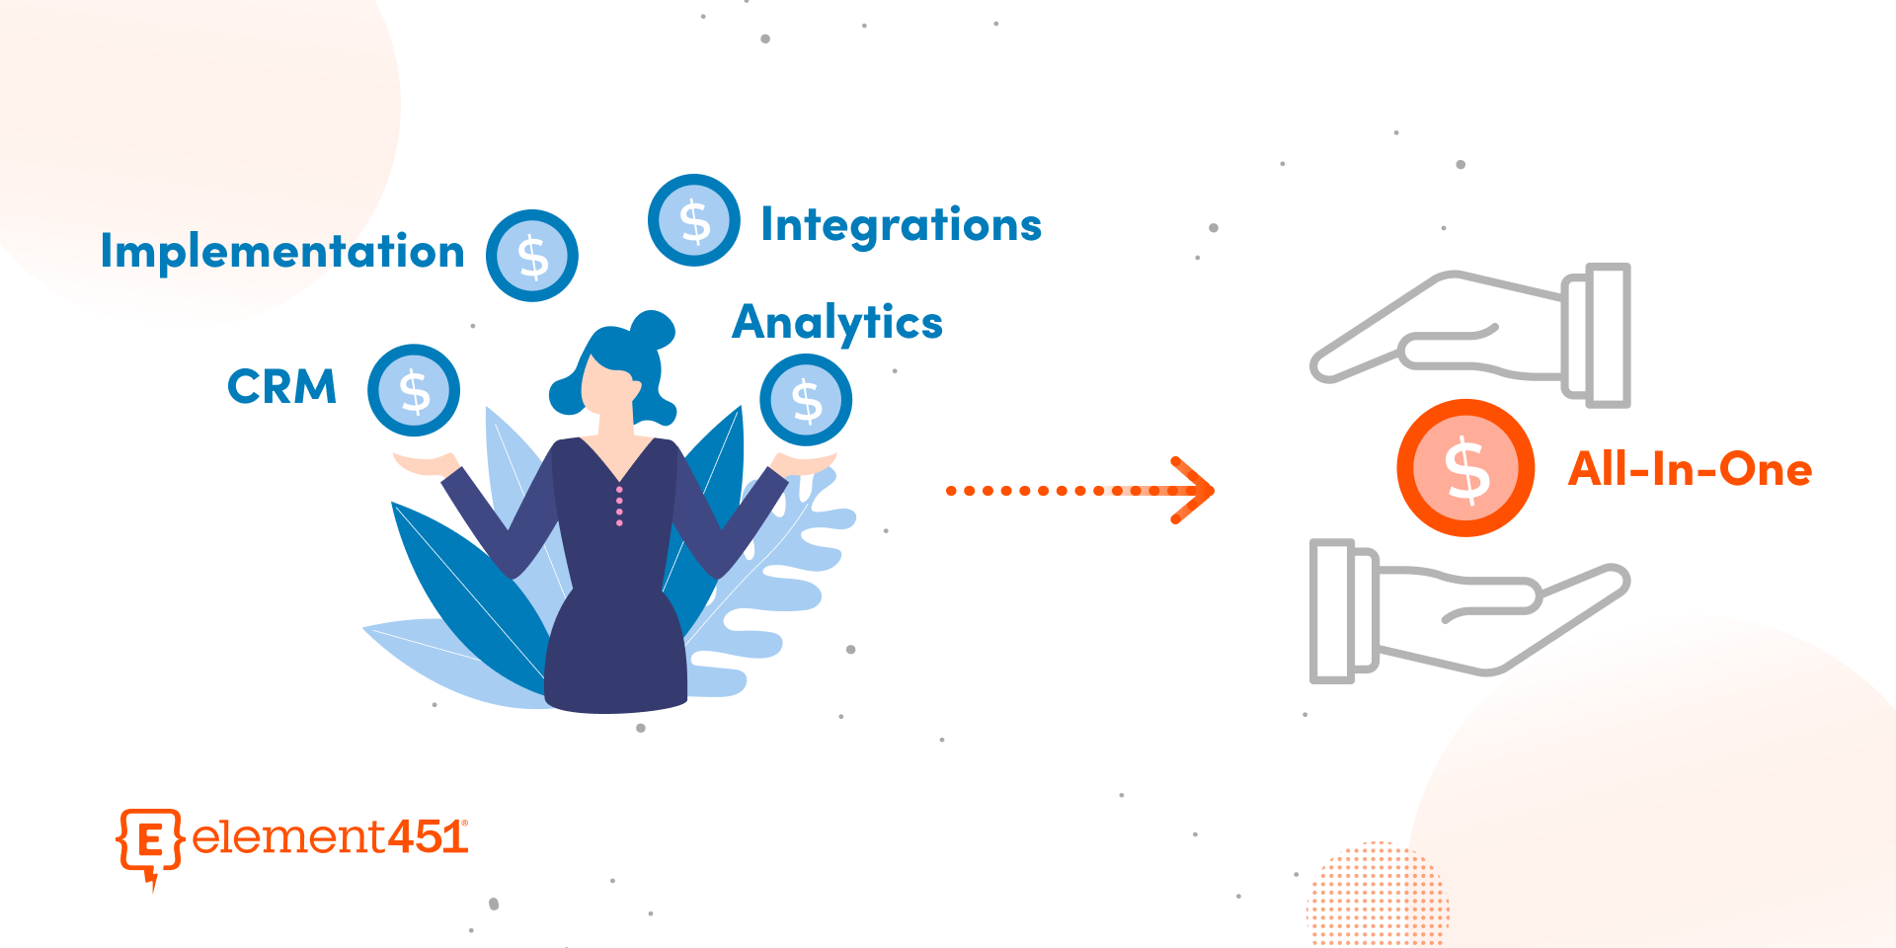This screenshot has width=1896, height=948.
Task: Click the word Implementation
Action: click(282, 251)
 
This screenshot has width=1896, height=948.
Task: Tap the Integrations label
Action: click(901, 225)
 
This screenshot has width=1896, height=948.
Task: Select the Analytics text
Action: click(837, 323)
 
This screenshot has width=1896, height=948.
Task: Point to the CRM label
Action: click(282, 386)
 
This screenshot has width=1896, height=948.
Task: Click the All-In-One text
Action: click(1691, 469)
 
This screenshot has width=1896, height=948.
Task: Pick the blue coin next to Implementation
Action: click(532, 256)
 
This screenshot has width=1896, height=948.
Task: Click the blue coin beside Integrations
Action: click(694, 220)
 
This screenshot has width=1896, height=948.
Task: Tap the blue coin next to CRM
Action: click(414, 390)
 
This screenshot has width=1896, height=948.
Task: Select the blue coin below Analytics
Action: click(806, 400)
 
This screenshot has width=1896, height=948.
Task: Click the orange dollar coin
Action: click(1465, 468)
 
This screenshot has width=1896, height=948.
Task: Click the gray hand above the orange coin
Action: click(1469, 335)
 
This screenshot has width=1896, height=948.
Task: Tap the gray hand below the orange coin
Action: click(1469, 611)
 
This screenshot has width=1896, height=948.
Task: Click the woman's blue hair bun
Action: click(653, 330)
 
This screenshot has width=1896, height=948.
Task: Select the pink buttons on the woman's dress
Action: click(619, 506)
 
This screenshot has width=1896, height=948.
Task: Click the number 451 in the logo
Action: click(427, 837)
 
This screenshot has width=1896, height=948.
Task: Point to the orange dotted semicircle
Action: click(1378, 894)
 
